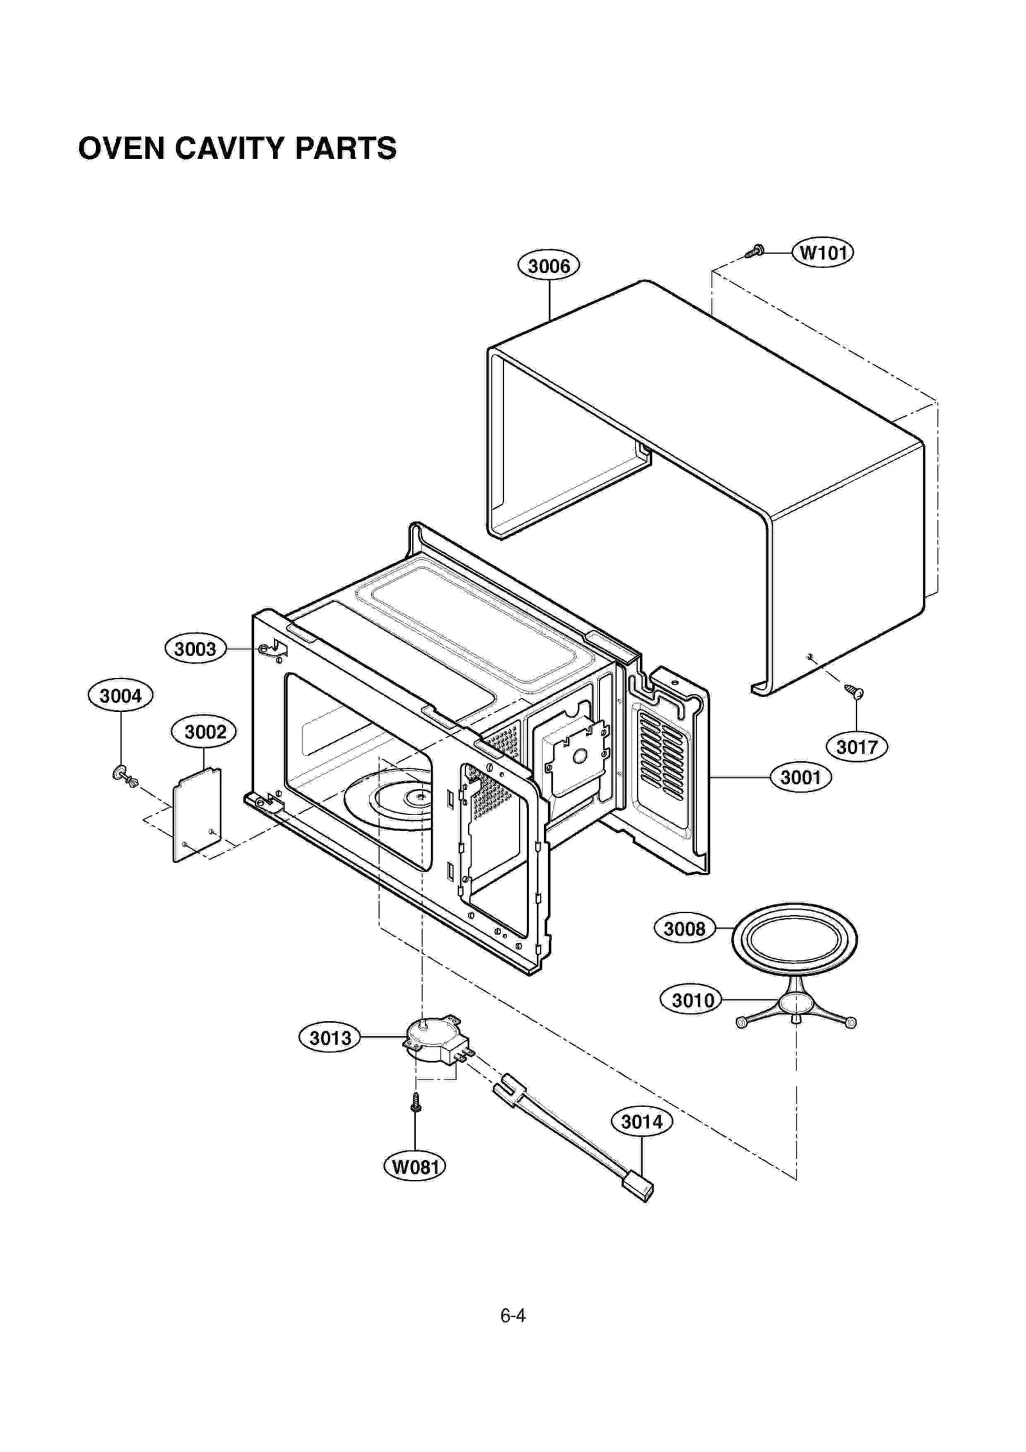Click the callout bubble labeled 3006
(548, 266)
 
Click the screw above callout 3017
(855, 691)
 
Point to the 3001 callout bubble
(800, 777)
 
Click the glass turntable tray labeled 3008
(795, 940)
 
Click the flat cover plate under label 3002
(197, 815)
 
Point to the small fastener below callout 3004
(125, 777)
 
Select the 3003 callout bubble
(195, 649)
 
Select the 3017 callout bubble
(857, 747)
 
